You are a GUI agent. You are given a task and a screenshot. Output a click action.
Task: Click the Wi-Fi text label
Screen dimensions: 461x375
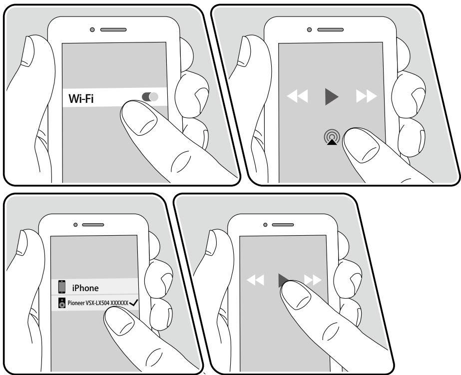tap(81, 98)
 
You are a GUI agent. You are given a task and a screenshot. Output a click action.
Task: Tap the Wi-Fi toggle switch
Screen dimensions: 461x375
tap(150, 97)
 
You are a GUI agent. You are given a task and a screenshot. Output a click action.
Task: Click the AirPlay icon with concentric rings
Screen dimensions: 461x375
tap(332, 137)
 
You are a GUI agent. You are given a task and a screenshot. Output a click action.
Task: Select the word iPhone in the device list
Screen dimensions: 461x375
tap(85, 288)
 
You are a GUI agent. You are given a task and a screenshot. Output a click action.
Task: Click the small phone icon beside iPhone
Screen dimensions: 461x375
tap(62, 287)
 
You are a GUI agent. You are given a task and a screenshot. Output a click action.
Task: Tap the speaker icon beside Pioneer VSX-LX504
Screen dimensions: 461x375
tap(62, 303)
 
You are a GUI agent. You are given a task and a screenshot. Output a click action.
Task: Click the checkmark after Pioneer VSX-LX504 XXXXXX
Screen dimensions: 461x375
tap(134, 303)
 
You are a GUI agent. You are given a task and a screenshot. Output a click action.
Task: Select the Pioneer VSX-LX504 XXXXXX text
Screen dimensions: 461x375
tap(98, 303)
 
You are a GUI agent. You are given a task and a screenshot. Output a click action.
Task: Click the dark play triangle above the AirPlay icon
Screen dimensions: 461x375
tap(332, 96)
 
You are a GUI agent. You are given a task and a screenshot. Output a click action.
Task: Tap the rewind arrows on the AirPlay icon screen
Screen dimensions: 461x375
tap(297, 96)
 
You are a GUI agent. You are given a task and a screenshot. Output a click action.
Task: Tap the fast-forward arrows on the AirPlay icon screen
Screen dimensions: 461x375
tap(366, 96)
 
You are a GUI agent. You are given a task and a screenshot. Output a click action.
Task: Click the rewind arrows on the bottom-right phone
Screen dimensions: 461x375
tap(255, 280)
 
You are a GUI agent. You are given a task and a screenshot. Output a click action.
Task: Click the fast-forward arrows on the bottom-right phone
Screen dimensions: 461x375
tap(313, 280)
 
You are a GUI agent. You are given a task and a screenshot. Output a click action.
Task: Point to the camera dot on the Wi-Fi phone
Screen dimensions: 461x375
tap(92, 29)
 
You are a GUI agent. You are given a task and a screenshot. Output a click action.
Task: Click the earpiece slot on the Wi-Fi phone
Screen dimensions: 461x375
tap(113, 29)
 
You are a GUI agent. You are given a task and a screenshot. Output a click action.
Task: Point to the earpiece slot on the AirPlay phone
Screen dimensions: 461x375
tap(331, 29)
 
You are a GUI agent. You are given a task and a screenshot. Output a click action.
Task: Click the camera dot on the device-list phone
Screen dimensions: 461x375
tap(75, 225)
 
